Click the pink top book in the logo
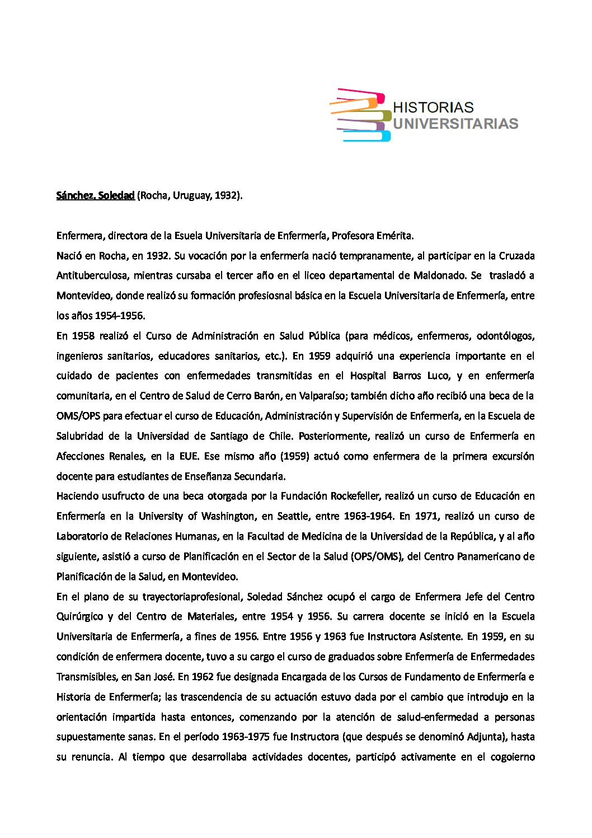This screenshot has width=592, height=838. pos(361,95)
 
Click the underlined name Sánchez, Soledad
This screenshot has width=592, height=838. pos(95,195)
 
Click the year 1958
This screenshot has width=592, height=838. pos(83,336)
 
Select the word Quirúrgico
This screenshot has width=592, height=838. pos(79,616)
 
